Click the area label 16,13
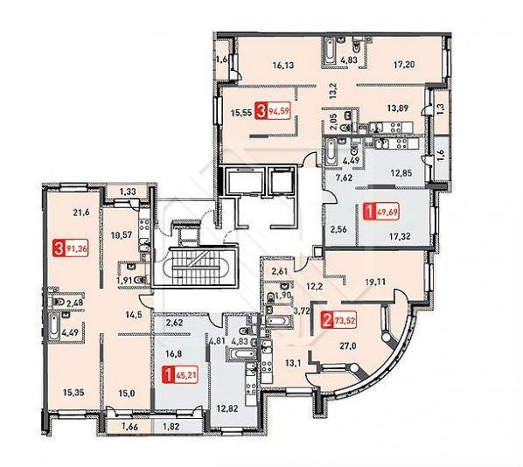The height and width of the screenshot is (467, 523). (x=283, y=65)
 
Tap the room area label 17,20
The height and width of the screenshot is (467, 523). (x=404, y=64)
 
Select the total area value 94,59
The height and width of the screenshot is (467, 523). (x=280, y=112)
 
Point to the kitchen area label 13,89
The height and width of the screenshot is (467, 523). (x=398, y=108)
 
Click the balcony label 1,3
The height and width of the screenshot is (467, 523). (x=440, y=108)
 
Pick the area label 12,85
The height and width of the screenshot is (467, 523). (x=401, y=173)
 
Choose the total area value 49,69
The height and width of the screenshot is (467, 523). (x=388, y=212)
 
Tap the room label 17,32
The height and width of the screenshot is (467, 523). (x=400, y=236)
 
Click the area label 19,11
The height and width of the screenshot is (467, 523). (x=375, y=282)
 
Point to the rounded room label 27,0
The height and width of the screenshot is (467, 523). (x=348, y=346)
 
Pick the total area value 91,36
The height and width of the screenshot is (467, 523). (x=76, y=249)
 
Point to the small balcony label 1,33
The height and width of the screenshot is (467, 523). (x=129, y=192)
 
